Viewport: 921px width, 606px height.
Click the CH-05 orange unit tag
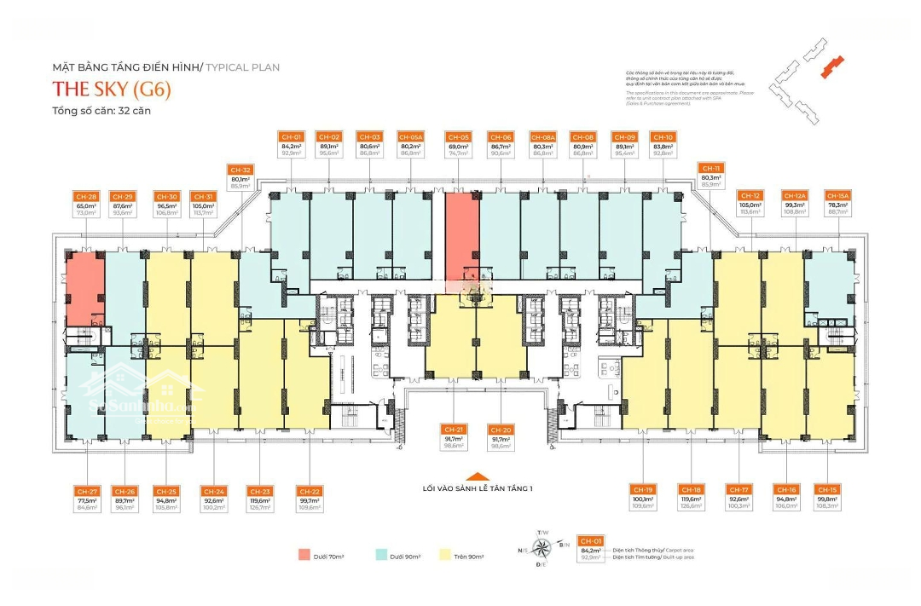(x=458, y=137)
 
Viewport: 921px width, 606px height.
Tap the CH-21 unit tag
(x=453, y=429)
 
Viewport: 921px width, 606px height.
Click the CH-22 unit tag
(x=309, y=491)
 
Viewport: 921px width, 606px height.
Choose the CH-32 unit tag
(x=240, y=169)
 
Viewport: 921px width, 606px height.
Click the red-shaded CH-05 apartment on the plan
(x=460, y=230)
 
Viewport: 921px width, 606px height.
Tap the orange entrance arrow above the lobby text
(x=478, y=477)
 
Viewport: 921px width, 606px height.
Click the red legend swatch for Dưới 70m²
(x=304, y=555)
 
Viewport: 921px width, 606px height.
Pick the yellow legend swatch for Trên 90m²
(x=444, y=555)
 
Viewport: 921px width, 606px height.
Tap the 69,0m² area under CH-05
(x=458, y=147)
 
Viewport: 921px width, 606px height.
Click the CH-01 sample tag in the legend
(x=591, y=540)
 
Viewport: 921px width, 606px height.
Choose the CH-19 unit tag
(x=643, y=490)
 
